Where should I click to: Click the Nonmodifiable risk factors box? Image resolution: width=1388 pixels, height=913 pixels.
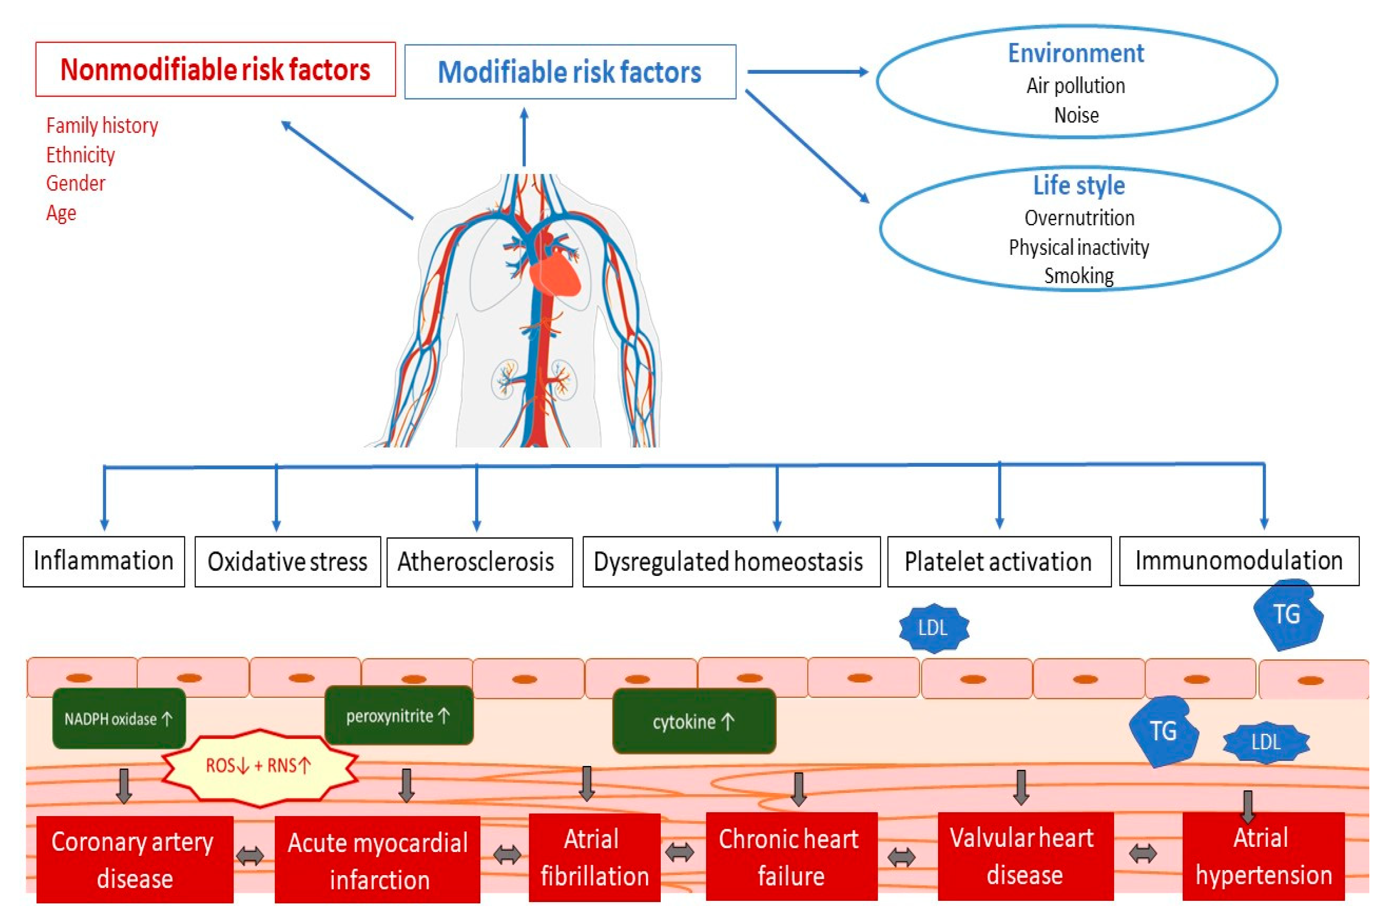215,70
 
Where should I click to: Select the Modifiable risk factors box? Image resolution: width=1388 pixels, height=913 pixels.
570,72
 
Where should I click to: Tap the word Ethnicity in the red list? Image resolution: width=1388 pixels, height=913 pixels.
80,155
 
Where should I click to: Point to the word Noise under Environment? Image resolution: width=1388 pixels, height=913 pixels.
1076,115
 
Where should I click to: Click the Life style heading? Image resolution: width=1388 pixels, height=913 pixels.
1079,186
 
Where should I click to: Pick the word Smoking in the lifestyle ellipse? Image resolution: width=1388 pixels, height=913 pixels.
1079,275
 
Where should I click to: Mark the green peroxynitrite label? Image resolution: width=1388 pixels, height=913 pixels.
398,716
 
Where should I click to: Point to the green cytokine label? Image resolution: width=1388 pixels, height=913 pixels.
694,722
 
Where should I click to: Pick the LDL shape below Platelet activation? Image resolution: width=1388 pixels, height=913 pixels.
934,628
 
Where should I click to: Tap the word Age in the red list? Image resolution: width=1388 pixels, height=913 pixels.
61,213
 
